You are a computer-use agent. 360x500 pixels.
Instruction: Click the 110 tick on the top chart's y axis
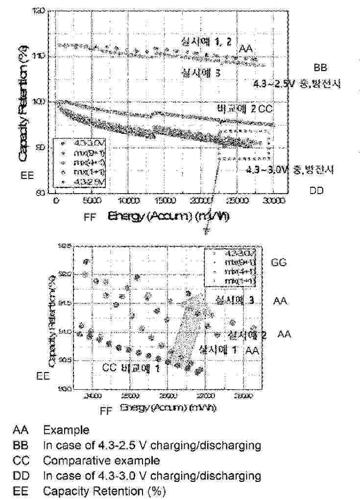(42, 56)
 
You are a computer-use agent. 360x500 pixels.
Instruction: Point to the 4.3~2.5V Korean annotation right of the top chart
(296, 83)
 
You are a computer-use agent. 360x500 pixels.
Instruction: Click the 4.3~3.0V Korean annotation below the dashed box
(289, 169)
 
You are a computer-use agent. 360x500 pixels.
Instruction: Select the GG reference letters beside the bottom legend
(278, 262)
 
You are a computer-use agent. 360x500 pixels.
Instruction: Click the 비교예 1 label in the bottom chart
(141, 368)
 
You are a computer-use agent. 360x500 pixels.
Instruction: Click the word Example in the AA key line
(66, 430)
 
